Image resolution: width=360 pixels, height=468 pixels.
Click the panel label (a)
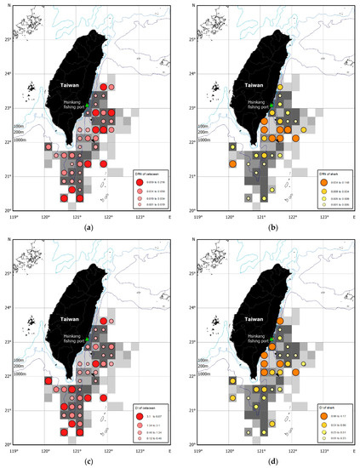(x=90, y=227)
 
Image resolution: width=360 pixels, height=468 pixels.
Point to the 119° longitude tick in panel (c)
(x=15, y=450)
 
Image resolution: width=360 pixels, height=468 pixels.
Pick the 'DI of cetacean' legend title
(x=140, y=396)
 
